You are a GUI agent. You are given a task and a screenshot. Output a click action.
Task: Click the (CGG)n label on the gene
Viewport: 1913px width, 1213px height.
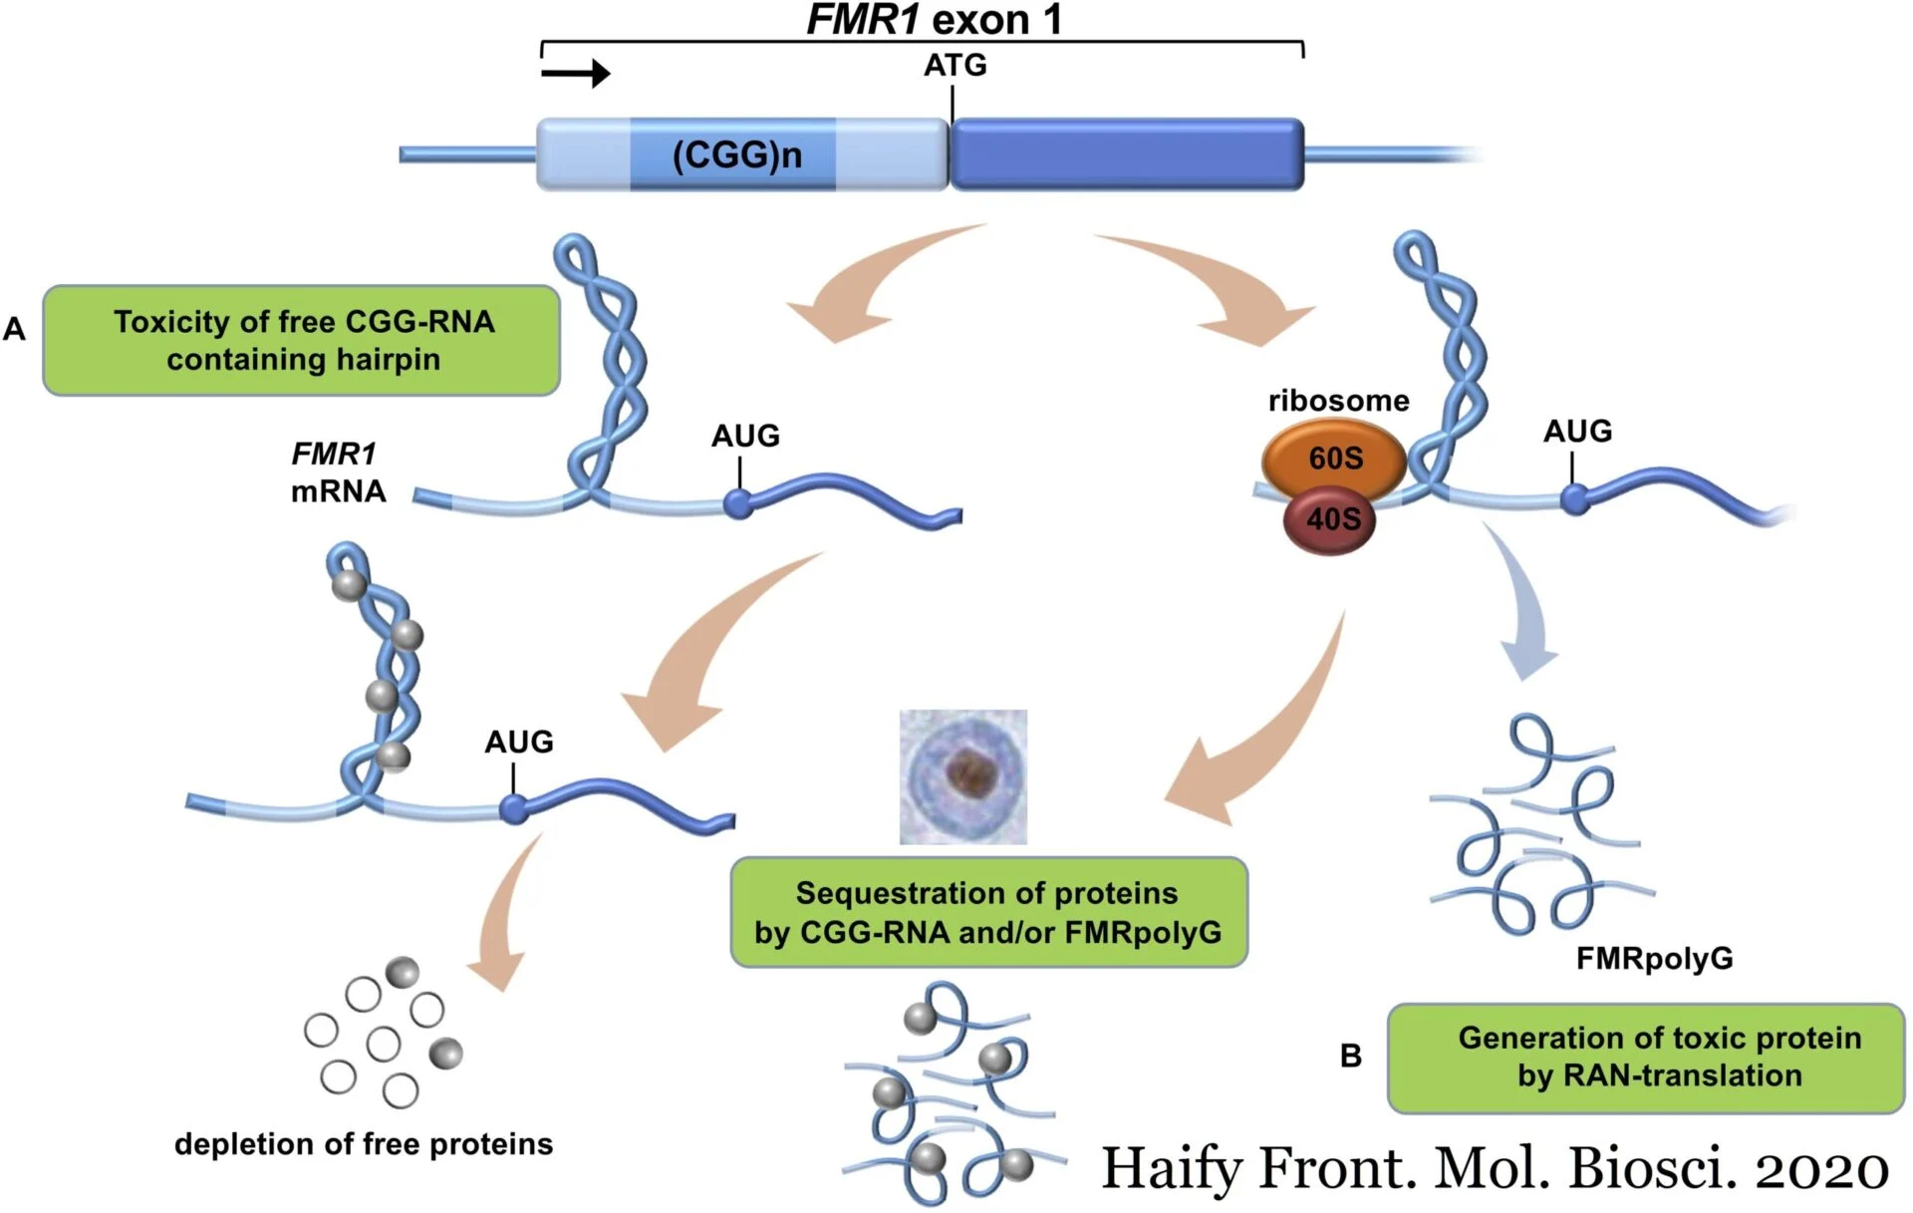736,155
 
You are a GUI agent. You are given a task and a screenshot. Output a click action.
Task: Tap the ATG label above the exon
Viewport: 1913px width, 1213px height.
955,66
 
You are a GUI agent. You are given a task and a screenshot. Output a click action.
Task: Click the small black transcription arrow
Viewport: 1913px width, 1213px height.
576,73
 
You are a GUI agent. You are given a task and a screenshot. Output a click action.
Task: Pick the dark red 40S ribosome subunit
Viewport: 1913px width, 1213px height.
1330,519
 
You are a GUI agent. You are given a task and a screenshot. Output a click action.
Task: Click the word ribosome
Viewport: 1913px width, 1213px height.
1338,401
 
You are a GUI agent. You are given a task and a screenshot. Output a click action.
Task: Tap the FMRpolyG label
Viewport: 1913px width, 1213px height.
1654,959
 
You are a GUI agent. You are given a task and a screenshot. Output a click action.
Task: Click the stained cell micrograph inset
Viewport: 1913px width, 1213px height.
962,776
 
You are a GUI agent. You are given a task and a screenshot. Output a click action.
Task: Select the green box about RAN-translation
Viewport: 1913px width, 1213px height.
1645,1058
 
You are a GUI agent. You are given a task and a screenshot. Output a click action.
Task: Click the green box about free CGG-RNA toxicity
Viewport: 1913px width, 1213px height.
301,341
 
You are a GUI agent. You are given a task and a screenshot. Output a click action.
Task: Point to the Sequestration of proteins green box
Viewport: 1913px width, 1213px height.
988,912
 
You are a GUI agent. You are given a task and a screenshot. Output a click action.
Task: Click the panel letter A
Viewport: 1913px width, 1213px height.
14,329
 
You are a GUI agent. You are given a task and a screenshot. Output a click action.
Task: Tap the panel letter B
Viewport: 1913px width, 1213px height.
1350,1056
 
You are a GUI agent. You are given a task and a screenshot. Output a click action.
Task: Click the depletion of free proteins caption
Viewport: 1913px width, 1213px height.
364,1144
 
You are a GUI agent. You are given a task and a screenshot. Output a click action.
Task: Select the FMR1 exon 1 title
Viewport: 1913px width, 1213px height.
934,20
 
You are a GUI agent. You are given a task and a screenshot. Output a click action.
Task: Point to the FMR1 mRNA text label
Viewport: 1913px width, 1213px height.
337,472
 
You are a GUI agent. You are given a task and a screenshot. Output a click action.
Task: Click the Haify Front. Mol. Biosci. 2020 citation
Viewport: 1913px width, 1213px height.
1495,1167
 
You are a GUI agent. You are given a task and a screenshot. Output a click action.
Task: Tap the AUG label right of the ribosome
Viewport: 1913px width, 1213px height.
1577,432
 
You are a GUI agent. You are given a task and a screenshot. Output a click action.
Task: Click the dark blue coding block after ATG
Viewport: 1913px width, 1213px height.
1127,154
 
